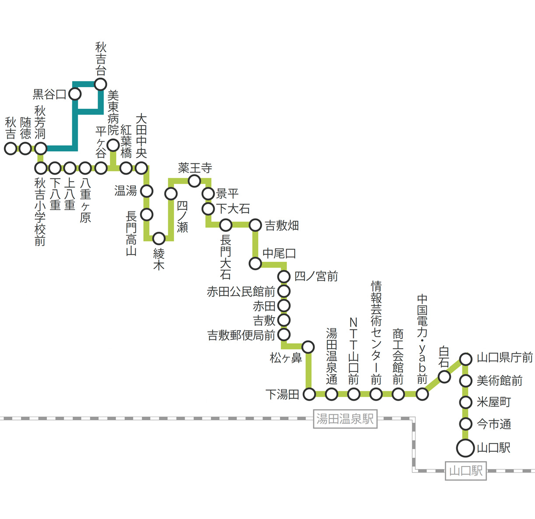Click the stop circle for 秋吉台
[x=100, y=84]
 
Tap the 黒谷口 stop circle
[x=75, y=94]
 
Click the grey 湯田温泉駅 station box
[x=345, y=419]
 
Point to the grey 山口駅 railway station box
[x=466, y=471]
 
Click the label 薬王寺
[x=195, y=168]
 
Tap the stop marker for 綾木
[x=159, y=238]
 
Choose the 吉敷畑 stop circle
[x=255, y=225]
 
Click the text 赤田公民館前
[x=241, y=292]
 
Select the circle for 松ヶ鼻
[x=308, y=347]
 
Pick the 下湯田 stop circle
[x=309, y=394]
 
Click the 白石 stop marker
[x=444, y=377]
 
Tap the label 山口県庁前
[x=505, y=358]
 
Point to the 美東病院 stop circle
[x=113, y=145]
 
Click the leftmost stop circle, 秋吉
[x=10, y=148]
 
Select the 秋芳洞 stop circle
[x=41, y=148]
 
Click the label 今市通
[x=494, y=424]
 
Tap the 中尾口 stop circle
[x=255, y=263]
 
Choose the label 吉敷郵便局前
[x=241, y=335]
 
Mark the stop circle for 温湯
[x=147, y=191]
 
